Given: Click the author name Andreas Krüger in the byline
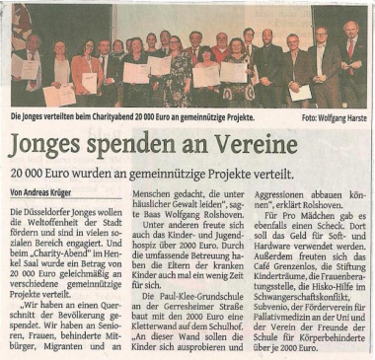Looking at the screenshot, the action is (x=51, y=191).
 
